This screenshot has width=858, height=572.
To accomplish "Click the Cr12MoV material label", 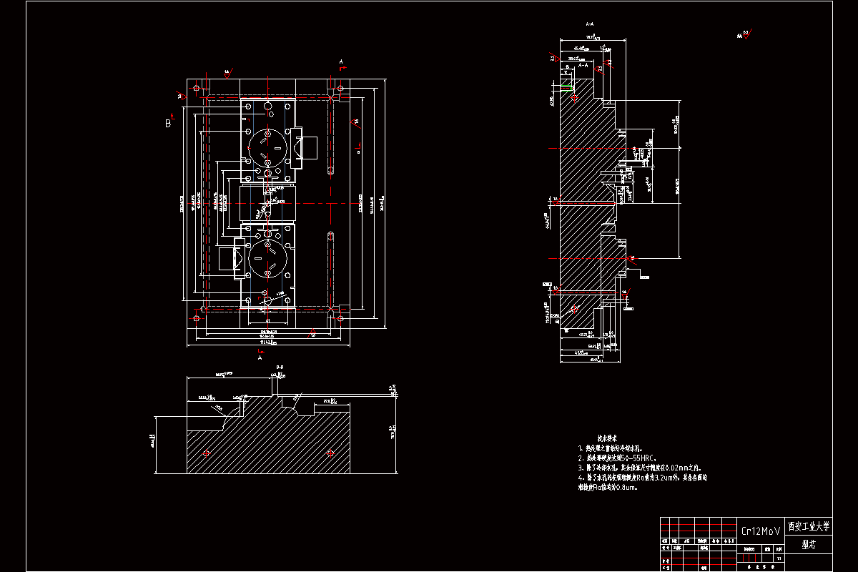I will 760,531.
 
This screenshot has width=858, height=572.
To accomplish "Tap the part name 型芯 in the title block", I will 809,544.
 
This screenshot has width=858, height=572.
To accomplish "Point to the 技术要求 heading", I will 607,437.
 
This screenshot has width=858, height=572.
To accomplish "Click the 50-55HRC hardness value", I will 636,457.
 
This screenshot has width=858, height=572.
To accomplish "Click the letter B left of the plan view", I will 168,122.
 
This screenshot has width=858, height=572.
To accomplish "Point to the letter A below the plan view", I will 260,358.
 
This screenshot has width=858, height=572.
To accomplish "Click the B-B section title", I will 279,368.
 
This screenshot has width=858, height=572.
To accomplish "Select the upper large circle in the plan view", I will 267,147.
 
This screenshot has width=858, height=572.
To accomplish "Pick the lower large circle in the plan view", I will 267,259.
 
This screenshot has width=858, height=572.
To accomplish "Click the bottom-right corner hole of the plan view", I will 340,317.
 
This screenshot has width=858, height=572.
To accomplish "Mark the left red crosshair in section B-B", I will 207,453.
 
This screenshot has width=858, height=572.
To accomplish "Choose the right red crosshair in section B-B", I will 330,453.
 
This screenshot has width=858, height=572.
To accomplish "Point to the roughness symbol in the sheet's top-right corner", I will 746,34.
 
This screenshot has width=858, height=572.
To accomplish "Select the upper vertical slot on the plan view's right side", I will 330,172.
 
